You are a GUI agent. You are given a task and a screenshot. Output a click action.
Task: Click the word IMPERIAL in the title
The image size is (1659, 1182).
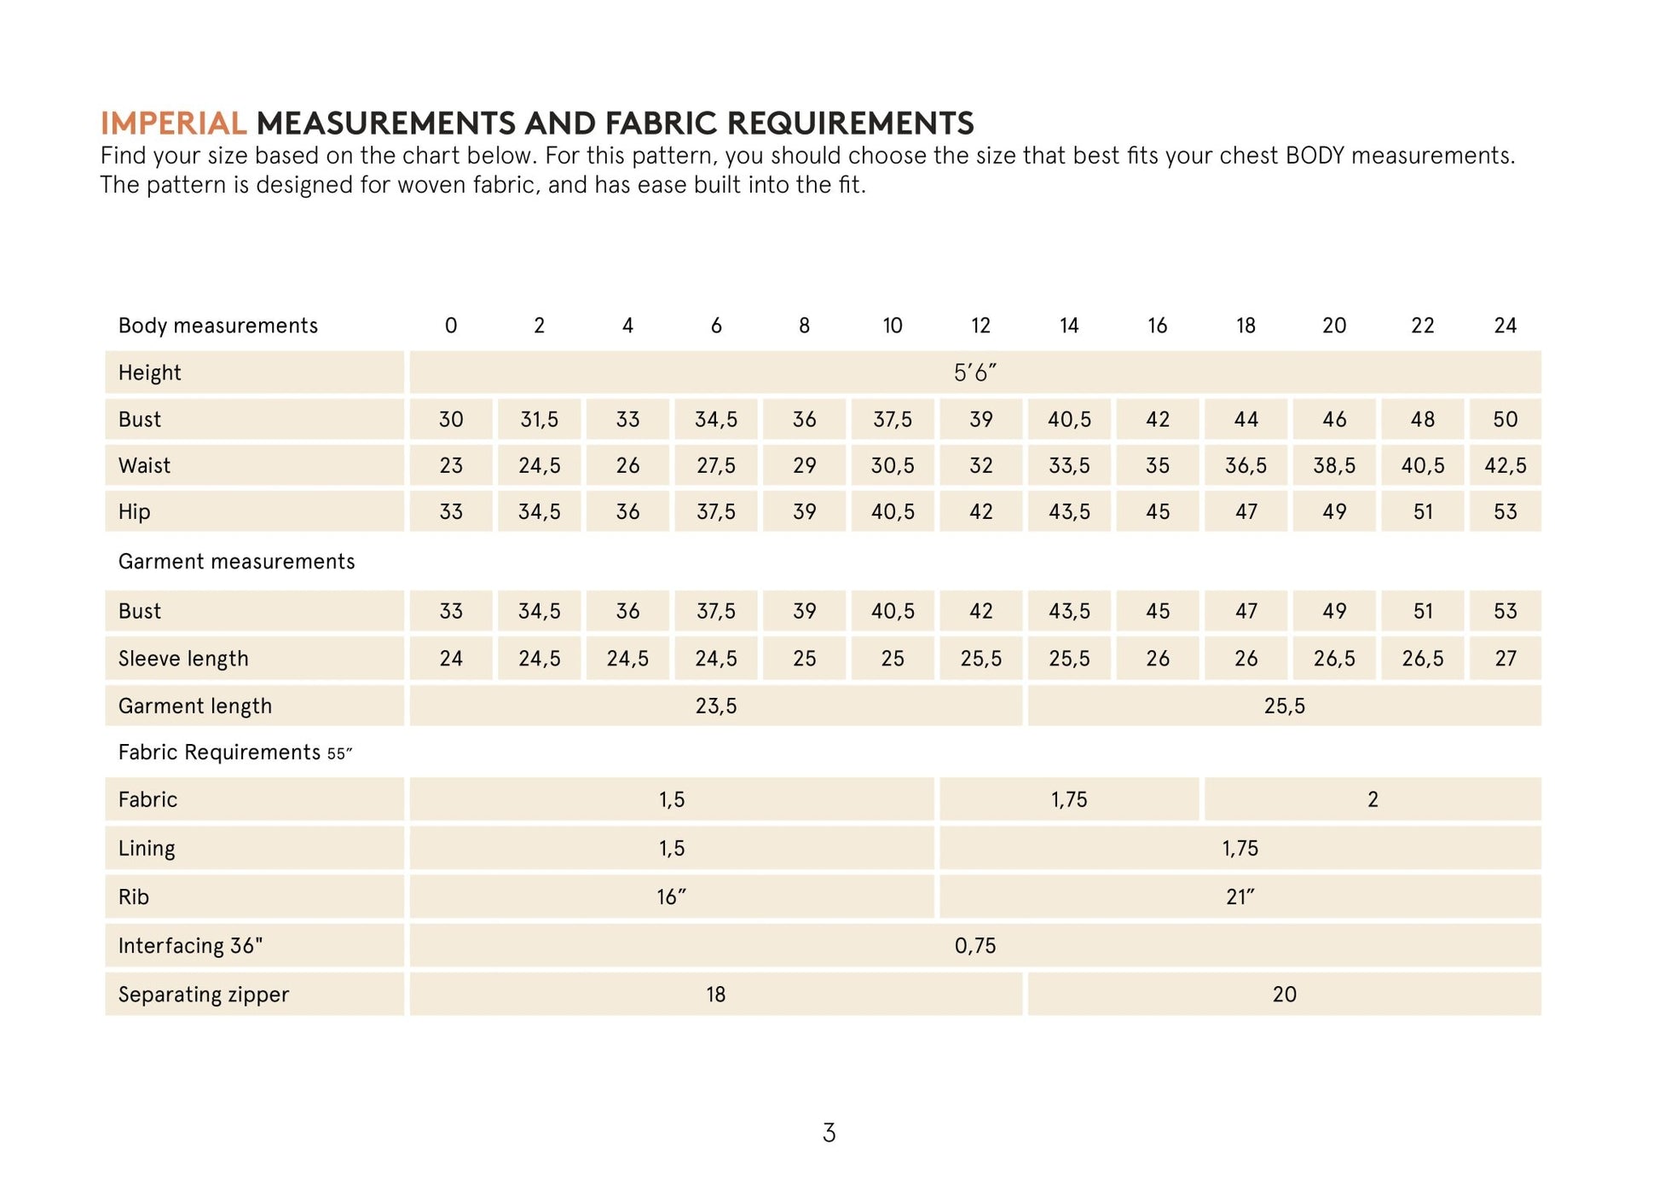pos(173,124)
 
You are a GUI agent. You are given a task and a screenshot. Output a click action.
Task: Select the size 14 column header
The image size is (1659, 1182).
pos(1069,326)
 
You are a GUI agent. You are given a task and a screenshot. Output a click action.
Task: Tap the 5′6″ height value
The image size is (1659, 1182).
pos(974,372)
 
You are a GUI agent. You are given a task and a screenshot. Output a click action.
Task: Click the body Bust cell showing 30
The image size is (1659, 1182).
pos(451,419)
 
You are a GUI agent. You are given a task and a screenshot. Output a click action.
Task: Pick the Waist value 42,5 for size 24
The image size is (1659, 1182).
pos(1505,465)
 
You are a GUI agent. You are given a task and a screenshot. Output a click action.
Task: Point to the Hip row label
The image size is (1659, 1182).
pos(134,511)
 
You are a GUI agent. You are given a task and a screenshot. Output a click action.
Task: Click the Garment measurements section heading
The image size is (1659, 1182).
pos(236,562)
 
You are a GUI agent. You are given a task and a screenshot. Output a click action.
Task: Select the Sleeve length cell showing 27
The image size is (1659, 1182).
pos(1505,659)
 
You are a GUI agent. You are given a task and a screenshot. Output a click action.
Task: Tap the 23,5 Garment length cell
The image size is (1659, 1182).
pos(715,706)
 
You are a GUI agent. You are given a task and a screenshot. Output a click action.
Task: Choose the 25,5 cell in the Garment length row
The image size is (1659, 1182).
pos(1284,706)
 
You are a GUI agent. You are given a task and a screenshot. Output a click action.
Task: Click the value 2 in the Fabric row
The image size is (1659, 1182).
pos(1373,799)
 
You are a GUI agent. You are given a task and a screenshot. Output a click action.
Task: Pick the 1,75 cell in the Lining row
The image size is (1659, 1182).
pos(1240,848)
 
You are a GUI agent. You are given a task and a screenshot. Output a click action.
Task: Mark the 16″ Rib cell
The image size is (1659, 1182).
pos(671,897)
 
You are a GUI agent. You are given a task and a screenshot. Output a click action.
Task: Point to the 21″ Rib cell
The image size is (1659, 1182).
pos(1240,897)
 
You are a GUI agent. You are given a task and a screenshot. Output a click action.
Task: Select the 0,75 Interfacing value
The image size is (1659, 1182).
pos(974,945)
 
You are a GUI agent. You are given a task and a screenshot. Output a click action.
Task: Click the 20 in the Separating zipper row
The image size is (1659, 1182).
pos(1284,995)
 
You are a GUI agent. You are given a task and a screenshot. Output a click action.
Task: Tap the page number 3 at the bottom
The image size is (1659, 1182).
pos(829,1133)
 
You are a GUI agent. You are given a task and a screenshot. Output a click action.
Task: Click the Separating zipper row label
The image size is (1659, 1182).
pos(204,995)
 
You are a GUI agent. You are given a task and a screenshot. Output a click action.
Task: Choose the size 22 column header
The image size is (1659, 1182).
pos(1422,326)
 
